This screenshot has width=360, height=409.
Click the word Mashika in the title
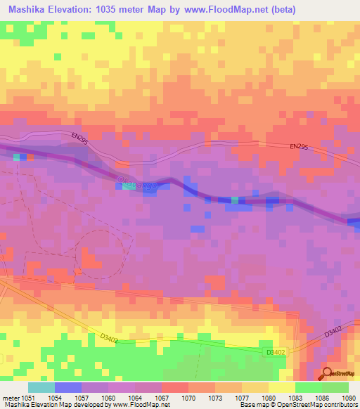(x=30, y=10)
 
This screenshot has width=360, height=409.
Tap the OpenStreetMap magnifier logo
(x=326, y=375)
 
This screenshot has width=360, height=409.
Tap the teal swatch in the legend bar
(x=41, y=387)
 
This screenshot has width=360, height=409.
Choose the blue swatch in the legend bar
(x=68, y=387)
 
